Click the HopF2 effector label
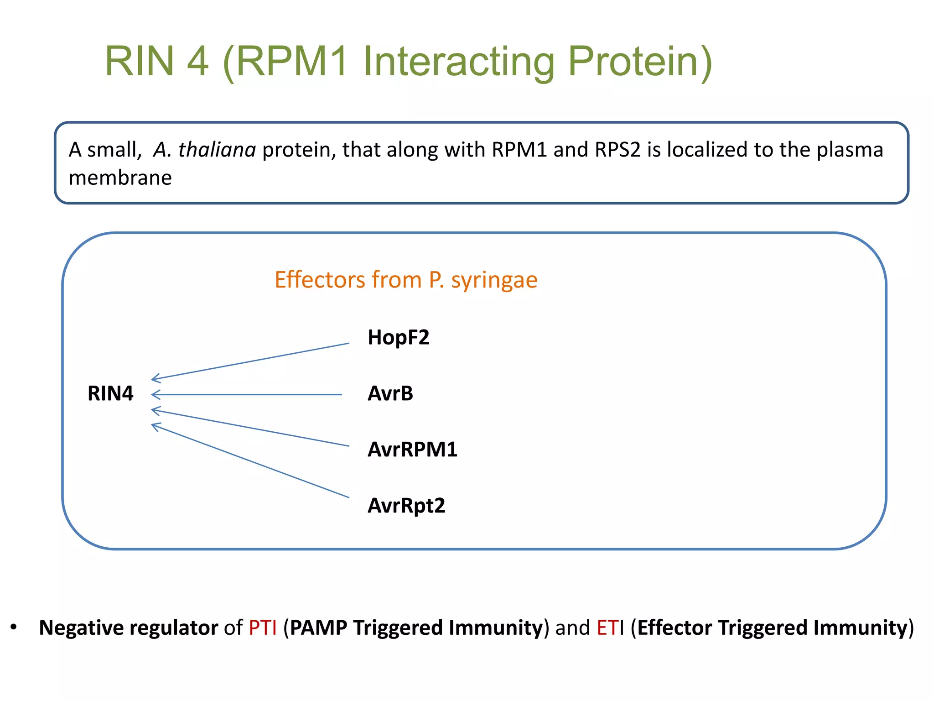click(398, 338)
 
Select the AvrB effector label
click(390, 393)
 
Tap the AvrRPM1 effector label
click(412, 450)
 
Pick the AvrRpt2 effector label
click(406, 506)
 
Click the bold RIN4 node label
click(110, 393)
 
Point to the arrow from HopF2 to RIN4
click(250, 361)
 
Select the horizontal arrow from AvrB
click(246, 394)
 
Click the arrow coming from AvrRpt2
click(250, 460)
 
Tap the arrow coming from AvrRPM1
click(250, 428)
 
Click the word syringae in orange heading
click(494, 280)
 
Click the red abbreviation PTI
click(263, 628)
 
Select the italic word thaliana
click(217, 150)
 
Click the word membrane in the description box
click(120, 178)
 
